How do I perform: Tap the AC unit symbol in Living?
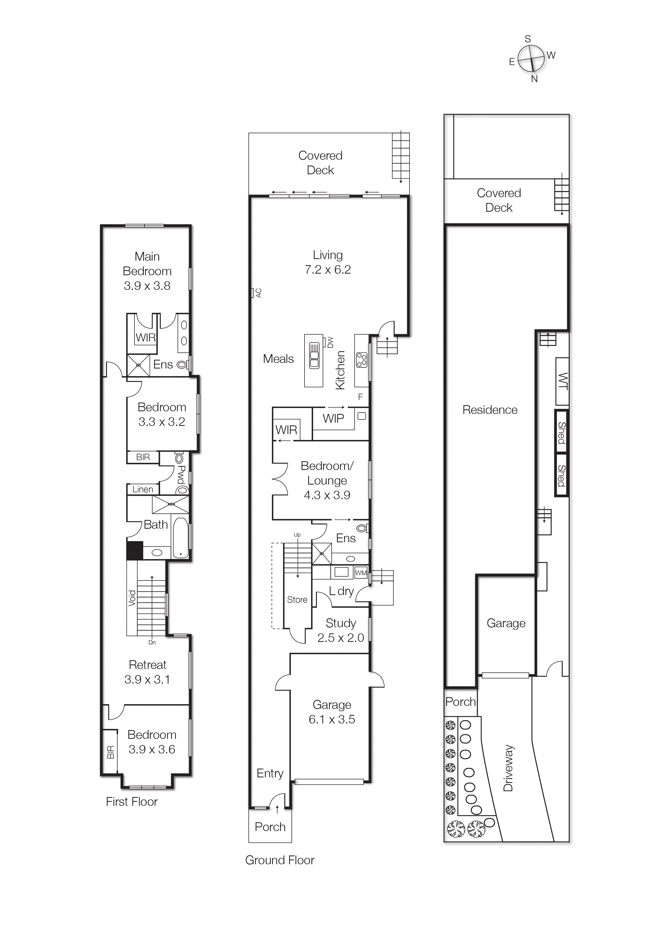(252, 293)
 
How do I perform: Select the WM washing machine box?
(361, 573)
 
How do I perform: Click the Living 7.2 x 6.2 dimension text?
(328, 270)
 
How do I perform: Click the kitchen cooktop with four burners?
(361, 360)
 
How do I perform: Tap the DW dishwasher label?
(330, 342)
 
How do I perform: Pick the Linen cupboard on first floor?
(142, 490)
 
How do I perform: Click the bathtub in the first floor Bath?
(180, 537)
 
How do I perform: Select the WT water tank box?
(562, 381)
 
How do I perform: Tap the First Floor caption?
(132, 802)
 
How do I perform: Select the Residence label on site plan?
(490, 410)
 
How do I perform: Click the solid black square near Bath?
(135, 551)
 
